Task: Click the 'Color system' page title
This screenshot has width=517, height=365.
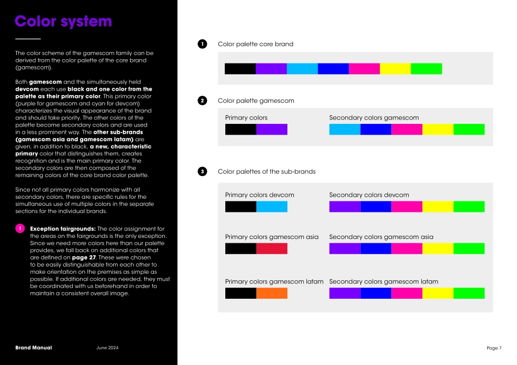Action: click(63, 22)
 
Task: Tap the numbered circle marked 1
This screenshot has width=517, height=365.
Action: click(202, 44)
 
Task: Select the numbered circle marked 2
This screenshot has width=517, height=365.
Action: click(202, 100)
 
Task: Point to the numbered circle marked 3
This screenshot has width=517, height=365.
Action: click(202, 172)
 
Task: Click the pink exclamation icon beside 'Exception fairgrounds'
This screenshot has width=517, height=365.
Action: click(20, 229)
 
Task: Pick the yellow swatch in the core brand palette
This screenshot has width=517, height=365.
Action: click(395, 68)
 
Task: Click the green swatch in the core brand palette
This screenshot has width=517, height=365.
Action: click(426, 68)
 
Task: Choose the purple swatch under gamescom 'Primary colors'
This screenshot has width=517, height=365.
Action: click(272, 129)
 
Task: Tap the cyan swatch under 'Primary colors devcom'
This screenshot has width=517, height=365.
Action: click(272, 206)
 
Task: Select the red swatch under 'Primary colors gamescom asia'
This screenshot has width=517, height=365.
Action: click(272, 249)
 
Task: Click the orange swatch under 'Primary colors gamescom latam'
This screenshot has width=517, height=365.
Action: click(272, 293)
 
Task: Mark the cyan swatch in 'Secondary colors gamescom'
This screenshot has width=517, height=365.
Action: click(344, 129)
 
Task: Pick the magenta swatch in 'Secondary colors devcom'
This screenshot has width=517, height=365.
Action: click(407, 206)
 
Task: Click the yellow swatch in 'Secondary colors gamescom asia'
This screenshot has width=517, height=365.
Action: click(438, 249)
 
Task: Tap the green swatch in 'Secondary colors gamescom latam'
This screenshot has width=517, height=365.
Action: click(469, 293)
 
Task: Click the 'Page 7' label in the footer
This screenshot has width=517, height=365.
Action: click(494, 348)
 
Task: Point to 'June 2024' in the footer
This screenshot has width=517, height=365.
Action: click(107, 348)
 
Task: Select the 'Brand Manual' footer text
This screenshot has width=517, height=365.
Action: click(34, 348)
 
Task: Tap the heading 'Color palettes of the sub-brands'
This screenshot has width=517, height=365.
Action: click(267, 172)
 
